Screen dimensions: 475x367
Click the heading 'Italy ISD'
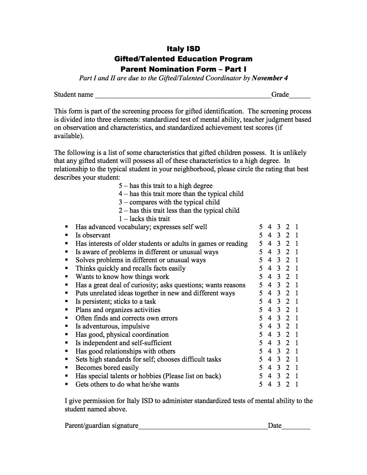tap(183, 49)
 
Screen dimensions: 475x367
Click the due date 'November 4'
tap(270, 78)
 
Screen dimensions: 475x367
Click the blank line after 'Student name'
tap(183, 97)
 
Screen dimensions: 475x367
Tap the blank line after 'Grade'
tap(300, 97)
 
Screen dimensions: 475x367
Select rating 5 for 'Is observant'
tap(260, 235)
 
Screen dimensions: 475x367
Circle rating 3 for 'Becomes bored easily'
tap(278, 368)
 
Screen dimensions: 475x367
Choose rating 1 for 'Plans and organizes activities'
tap(296, 310)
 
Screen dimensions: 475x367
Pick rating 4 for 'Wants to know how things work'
tap(269, 277)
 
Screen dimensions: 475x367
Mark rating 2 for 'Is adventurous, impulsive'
tap(287, 326)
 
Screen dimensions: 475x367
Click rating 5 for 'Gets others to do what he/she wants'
tap(260, 384)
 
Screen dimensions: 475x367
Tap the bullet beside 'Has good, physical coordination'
tap(67, 335)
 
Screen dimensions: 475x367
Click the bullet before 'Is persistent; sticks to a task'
tap(67, 302)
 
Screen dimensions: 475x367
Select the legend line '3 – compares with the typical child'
tap(169, 202)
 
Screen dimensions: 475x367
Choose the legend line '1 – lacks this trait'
tap(144, 219)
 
